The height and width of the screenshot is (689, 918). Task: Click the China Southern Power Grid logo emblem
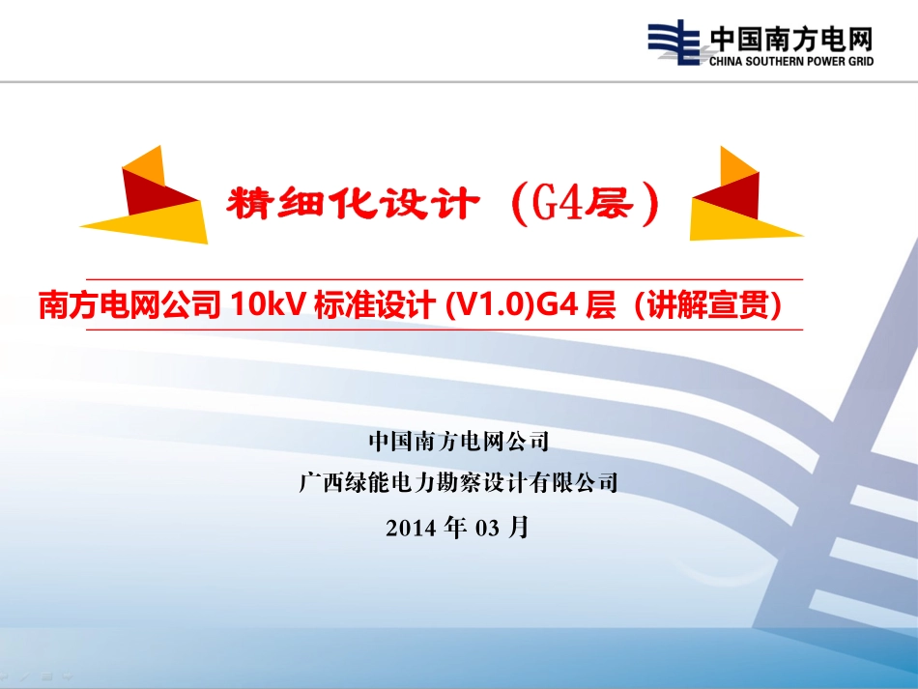coord(674,43)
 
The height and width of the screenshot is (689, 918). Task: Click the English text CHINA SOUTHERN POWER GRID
coord(791,61)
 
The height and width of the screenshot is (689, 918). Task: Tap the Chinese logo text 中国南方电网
coord(791,40)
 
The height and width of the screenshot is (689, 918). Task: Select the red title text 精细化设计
coord(353,204)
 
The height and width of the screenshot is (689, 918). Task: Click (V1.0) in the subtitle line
coord(490,304)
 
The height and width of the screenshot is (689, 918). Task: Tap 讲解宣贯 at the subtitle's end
coord(707,304)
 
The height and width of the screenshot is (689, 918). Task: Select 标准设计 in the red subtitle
coord(375,304)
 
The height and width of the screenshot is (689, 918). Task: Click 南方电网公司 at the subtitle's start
coord(129,304)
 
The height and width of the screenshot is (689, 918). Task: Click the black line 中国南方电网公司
coord(459,441)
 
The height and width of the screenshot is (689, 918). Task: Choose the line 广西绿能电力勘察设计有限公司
coord(458,482)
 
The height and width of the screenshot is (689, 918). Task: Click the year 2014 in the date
coord(411,528)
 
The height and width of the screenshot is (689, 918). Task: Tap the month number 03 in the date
coord(487,528)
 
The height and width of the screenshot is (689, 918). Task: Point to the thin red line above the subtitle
coord(445,280)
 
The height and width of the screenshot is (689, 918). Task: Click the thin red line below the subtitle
coord(445,330)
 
